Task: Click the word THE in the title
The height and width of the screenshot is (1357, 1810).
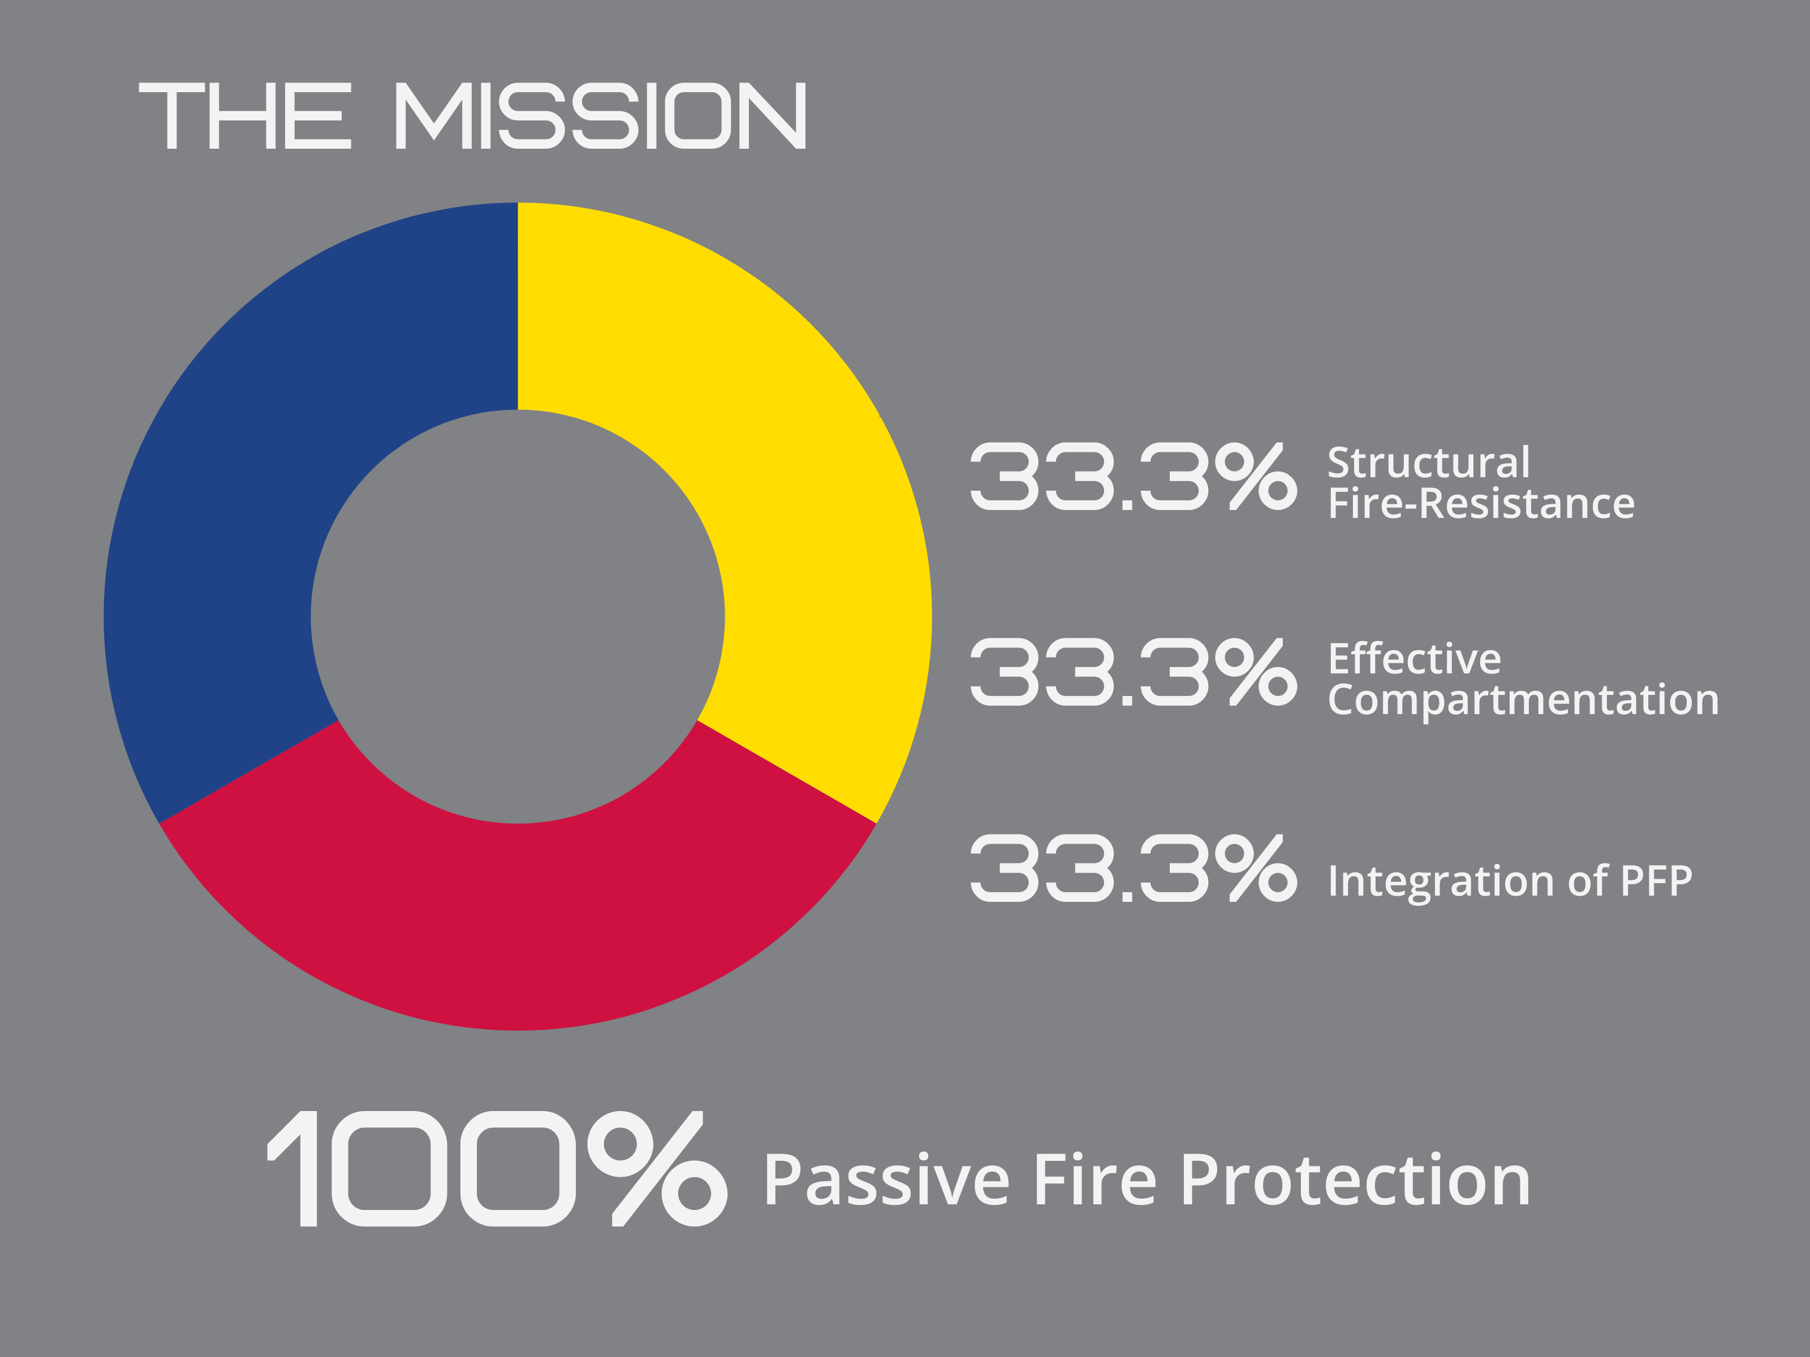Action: click(245, 115)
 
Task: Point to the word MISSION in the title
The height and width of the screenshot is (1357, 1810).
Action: click(601, 115)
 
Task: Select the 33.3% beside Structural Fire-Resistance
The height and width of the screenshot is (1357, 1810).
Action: click(1134, 476)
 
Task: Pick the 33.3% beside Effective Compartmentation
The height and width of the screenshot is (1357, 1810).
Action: click(1134, 672)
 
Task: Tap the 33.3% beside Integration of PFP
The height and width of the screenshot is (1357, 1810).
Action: click(1134, 868)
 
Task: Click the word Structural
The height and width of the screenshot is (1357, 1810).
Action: click(1429, 463)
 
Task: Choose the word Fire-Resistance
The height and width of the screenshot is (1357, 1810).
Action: click(1481, 503)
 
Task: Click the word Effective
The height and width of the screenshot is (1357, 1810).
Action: click(1415, 659)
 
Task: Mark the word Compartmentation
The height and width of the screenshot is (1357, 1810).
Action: click(1524, 701)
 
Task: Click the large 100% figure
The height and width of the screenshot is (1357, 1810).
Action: click(497, 1169)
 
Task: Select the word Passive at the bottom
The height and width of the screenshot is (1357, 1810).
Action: click(886, 1181)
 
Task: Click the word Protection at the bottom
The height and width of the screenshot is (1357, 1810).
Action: click(1356, 1181)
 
